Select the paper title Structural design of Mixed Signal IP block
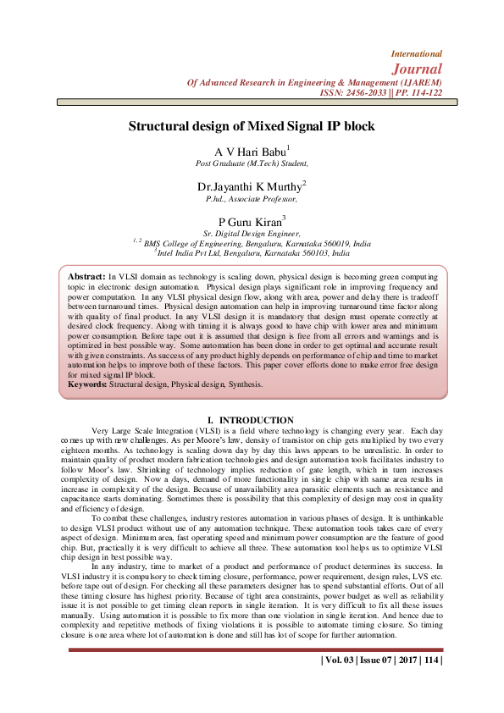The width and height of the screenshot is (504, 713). (252, 126)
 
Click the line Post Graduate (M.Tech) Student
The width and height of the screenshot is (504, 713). (252, 163)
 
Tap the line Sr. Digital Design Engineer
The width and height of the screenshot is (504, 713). (252, 232)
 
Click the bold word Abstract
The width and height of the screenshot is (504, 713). (86, 277)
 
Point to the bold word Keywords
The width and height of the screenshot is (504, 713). (87, 384)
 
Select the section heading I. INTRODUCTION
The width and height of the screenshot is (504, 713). (251, 420)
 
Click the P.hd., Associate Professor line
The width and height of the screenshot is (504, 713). (252, 198)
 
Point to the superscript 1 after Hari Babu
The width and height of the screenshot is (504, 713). (287, 147)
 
